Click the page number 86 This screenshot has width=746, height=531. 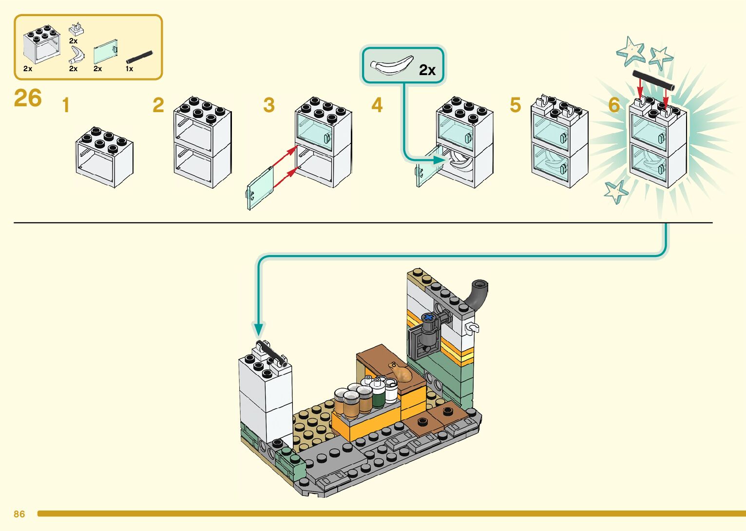pos(19,514)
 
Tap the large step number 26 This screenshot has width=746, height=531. pos(28,98)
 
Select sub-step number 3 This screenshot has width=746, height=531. pos(269,105)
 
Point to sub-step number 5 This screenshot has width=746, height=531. pos(516,105)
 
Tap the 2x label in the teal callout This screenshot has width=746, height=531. pos(427,71)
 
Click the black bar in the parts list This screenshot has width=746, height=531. pos(139,57)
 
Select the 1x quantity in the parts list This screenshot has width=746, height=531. pos(129,69)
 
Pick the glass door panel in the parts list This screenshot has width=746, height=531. pos(106,52)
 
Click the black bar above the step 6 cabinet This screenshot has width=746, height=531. pos(653,80)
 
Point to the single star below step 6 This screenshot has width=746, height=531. pos(615,191)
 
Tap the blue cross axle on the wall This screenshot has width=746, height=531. pos(429,318)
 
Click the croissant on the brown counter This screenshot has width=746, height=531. pos(402,374)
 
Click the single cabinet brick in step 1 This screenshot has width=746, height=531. pos(104,157)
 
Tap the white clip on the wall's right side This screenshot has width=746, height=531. pos(472,328)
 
